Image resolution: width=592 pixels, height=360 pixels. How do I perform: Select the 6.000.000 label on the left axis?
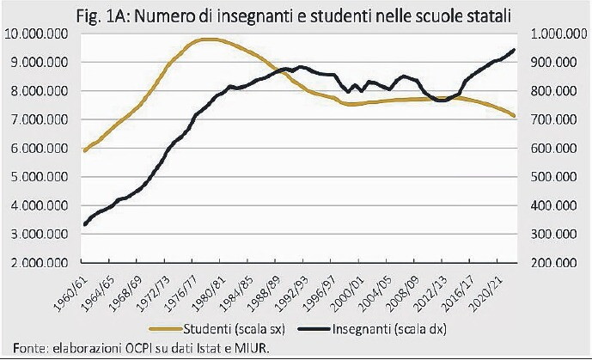(x=39, y=149)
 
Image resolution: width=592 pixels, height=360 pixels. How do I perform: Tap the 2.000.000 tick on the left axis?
(x=39, y=262)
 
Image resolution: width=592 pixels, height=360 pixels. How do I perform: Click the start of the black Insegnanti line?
(x=83, y=225)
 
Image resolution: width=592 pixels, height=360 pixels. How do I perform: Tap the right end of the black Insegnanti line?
(x=514, y=50)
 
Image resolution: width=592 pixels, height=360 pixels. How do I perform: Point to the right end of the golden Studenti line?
(x=514, y=116)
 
